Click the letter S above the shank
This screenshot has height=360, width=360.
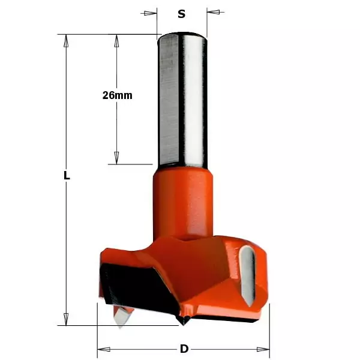tap(181, 14)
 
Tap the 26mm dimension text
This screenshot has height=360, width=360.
tap(117, 95)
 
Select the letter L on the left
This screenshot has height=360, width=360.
tap(67, 176)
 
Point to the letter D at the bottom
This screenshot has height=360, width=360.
tap(184, 349)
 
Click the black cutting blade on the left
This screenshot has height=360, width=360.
tap(120, 282)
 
